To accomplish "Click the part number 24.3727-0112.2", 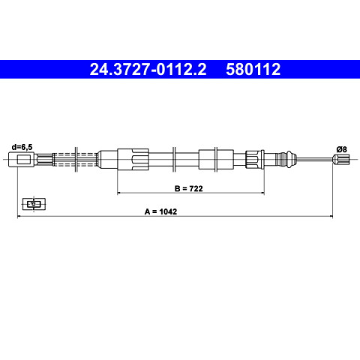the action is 148,69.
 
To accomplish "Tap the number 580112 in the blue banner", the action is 253,69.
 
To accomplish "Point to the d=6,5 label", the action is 22,147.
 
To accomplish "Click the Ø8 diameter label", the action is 341,149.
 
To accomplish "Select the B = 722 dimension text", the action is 189,188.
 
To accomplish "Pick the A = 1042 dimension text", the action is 160,211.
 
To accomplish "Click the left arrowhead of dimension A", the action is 19,216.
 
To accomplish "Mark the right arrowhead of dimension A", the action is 331,216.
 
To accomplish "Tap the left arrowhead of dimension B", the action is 119,193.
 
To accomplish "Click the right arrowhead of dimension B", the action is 262,193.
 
